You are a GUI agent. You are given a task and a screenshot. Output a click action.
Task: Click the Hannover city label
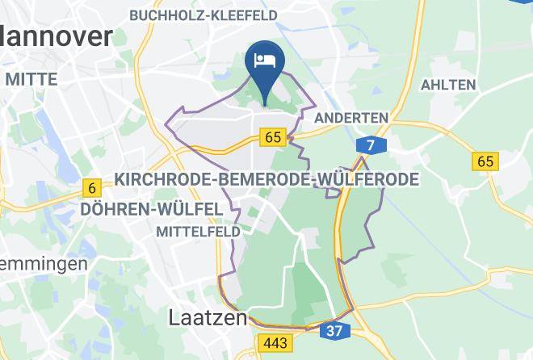(x=55, y=36)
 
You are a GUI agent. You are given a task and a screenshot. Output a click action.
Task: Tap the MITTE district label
(x=31, y=79)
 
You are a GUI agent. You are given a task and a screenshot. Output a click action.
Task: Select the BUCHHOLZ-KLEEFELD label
(x=203, y=15)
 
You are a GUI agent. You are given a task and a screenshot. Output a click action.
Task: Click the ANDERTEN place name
(x=350, y=118)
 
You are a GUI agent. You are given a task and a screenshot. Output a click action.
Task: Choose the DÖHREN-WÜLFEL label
(x=152, y=209)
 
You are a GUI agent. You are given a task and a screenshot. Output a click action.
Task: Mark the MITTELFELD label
(x=198, y=231)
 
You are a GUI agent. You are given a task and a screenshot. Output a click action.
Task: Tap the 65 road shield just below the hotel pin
(x=273, y=137)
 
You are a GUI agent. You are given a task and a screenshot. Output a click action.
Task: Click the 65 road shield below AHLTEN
(x=485, y=161)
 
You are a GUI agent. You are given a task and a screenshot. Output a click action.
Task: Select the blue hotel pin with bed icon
(x=266, y=63)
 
